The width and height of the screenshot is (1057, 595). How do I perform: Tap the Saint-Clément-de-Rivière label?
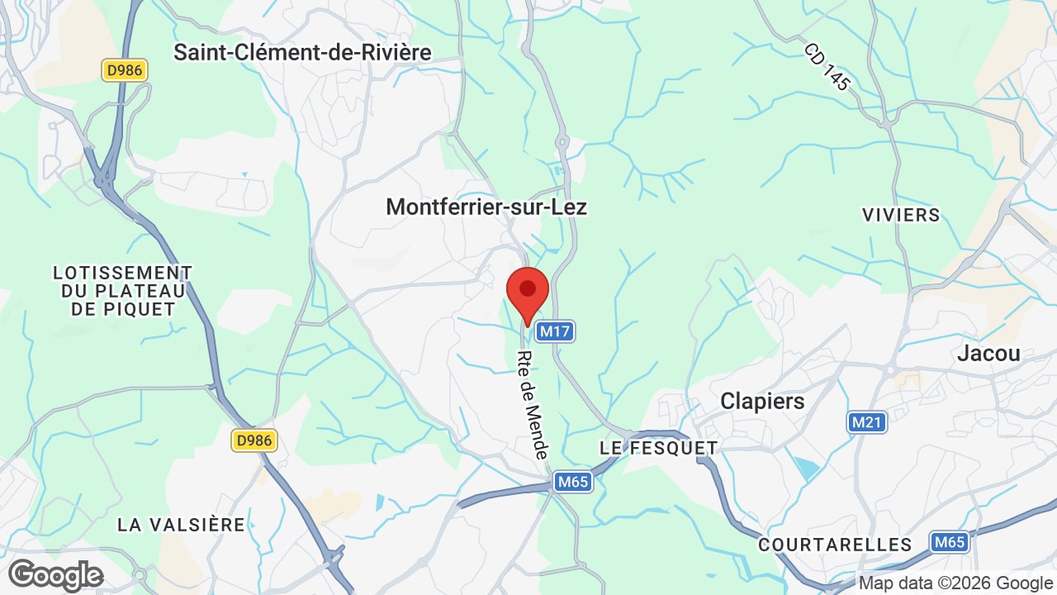point(302,53)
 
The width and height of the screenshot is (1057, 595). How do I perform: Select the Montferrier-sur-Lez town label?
point(486,207)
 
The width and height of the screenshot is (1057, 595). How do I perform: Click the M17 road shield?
point(555,331)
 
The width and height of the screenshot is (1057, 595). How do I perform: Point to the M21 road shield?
point(867,422)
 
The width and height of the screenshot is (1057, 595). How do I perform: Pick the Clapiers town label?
point(762,401)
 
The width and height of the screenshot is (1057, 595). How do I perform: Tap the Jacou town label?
point(988,354)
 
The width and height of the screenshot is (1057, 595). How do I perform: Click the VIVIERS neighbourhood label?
point(901,215)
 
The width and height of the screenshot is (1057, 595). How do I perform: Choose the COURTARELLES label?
point(835,545)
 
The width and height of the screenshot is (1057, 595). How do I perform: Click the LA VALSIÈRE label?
point(181,525)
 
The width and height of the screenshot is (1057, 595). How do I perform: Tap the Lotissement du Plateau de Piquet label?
point(122,291)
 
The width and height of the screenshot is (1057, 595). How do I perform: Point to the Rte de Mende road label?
point(533,405)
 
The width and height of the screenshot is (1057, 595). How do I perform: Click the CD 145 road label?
point(827,67)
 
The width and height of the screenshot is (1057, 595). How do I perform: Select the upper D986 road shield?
point(125,70)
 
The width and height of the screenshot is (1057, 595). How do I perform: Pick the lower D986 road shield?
point(254,440)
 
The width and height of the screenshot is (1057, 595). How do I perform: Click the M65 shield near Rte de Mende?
point(573,482)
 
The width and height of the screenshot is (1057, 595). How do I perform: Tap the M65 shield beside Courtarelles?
point(950,542)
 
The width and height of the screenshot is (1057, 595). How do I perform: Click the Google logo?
point(55,575)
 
